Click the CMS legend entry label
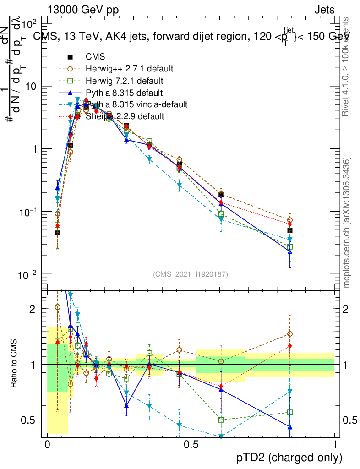pyautogui.click(x=95, y=57)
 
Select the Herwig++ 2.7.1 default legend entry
pyautogui.click(x=129, y=69)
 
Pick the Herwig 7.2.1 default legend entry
pyautogui.click(x=124, y=81)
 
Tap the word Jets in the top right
pyautogui.click(x=324, y=10)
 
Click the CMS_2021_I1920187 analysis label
pyautogui.click(x=191, y=274)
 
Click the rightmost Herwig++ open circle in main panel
pyautogui.click(x=289, y=220)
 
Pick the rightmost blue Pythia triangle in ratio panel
pyautogui.click(x=289, y=427)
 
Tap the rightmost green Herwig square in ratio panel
pyautogui.click(x=289, y=412)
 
